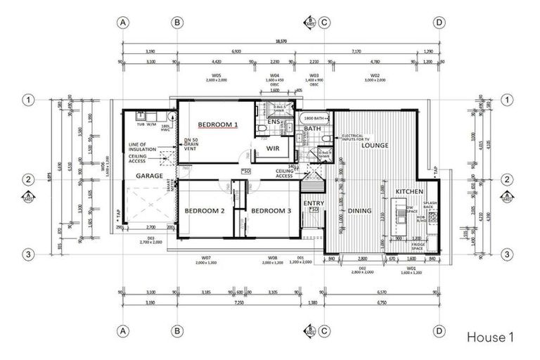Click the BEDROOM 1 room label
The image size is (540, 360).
218,124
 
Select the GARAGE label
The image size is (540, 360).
149,176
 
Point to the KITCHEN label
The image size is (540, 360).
409,191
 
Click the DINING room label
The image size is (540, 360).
359,210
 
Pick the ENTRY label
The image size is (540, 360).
313,204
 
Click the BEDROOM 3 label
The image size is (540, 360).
271,211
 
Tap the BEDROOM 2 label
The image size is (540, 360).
204,211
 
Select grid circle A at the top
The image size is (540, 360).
123,22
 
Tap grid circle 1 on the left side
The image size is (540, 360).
29,100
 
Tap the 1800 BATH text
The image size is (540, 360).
313,118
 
